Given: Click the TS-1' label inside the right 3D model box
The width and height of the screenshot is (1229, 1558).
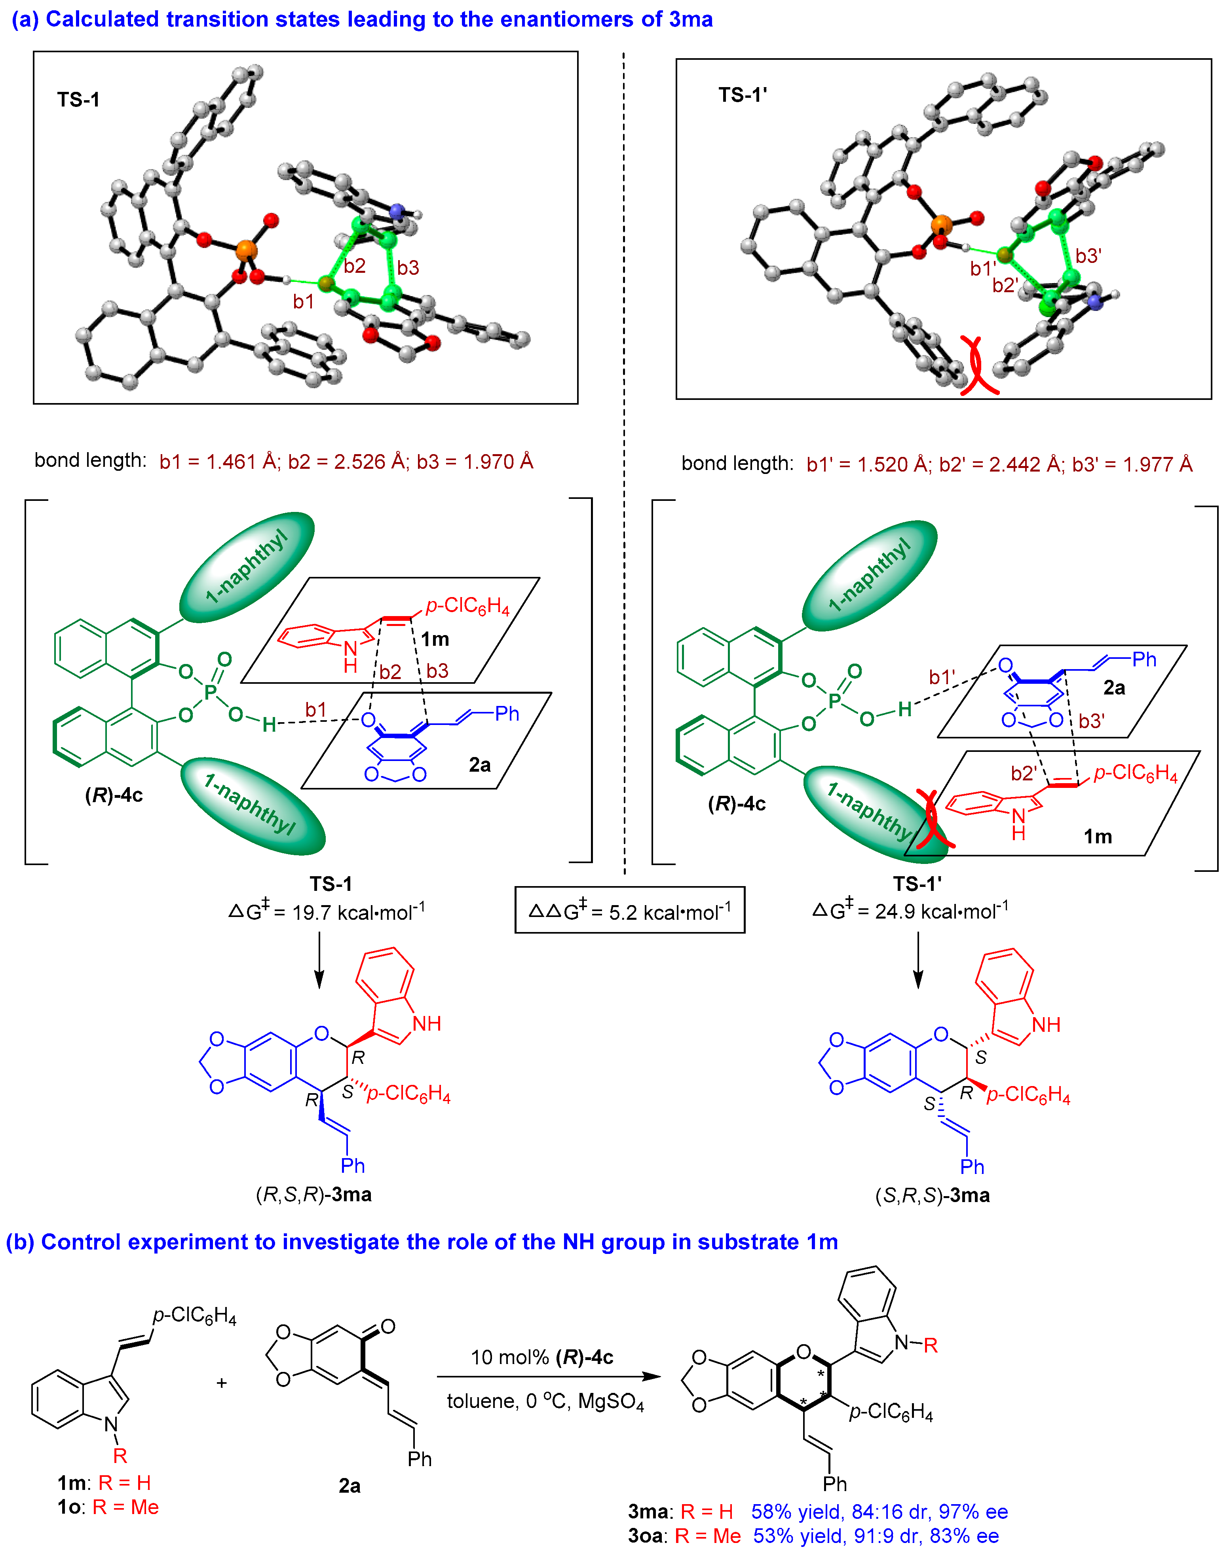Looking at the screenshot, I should point(743,95).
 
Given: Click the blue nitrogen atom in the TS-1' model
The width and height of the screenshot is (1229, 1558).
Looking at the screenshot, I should point(1095,302).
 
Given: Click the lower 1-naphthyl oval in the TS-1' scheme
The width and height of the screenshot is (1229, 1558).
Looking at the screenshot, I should point(873,813).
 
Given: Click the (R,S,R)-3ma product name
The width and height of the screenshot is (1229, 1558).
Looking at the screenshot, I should point(314,1195).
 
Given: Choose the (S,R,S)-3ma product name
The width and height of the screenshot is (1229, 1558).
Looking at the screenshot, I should point(933,1195).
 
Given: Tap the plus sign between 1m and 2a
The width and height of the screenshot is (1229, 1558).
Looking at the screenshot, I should point(222,1383).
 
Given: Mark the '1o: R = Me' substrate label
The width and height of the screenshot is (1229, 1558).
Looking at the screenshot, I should point(108,1507).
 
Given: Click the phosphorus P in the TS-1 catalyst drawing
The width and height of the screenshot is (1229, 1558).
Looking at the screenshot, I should point(210,692).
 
